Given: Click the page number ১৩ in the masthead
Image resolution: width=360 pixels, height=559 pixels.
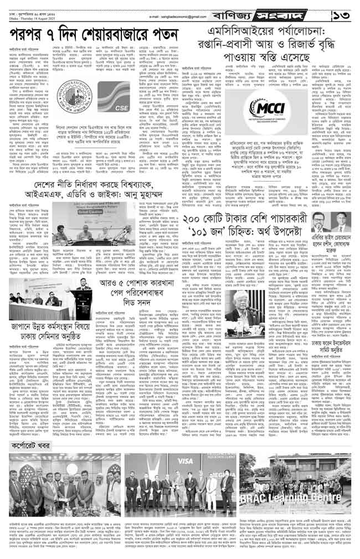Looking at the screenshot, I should click(342, 11).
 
